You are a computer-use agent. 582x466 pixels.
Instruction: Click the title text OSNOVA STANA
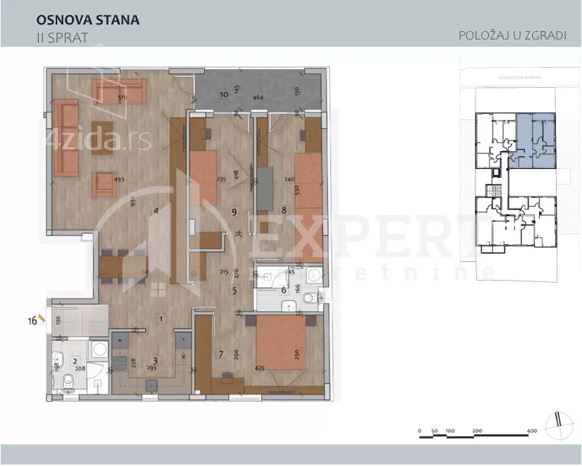coord(87,20)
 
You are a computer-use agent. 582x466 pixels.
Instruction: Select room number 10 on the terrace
coord(223,95)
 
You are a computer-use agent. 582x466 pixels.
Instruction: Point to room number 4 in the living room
coord(156,211)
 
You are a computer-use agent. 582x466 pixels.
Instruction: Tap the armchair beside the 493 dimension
coord(103,184)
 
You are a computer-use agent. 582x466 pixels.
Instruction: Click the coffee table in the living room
coord(103,137)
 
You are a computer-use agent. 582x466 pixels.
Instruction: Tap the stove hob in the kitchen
coord(118,365)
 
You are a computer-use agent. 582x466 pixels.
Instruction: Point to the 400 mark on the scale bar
coord(532,431)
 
